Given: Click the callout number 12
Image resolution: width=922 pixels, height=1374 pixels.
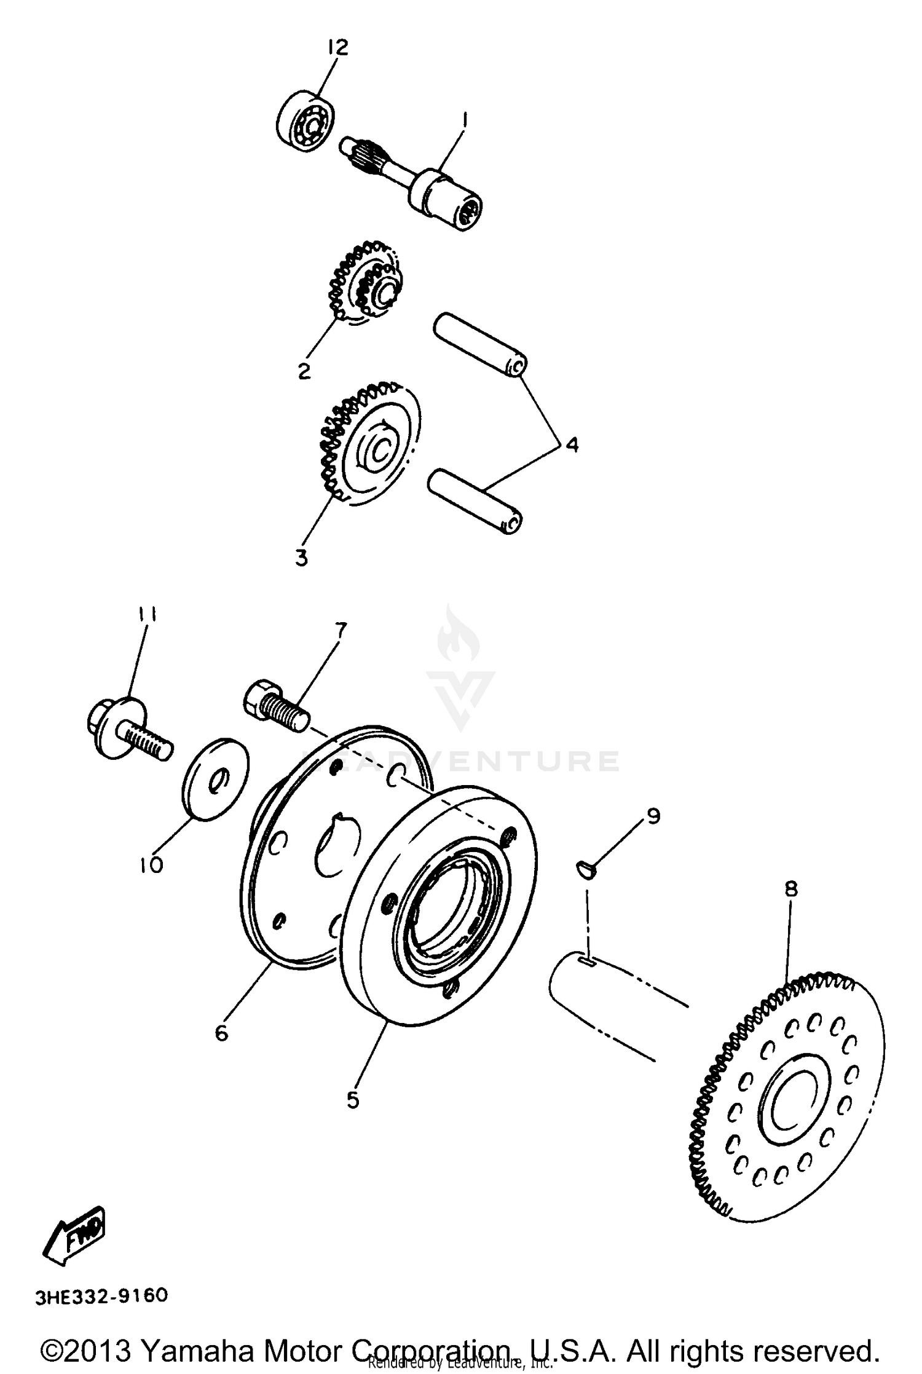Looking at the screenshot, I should coord(337,47).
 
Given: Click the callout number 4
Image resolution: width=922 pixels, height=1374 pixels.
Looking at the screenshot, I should coord(572,444).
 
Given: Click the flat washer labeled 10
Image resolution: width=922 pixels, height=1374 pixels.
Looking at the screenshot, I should coord(215,780).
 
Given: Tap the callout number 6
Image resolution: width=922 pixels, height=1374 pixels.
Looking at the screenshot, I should coord(221,1033).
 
